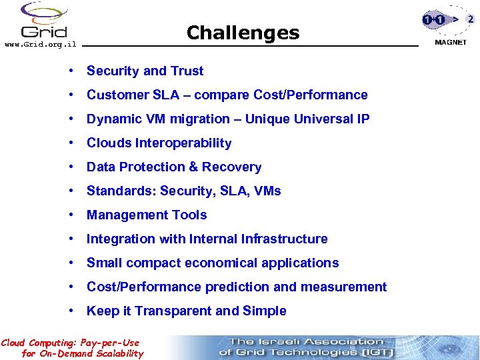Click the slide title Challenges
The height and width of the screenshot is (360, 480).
[243, 33]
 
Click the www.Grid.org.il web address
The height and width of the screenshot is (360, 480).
[40, 45]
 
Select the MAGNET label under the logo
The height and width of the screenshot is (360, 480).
[451, 41]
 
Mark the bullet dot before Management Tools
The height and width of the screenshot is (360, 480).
[70, 215]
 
